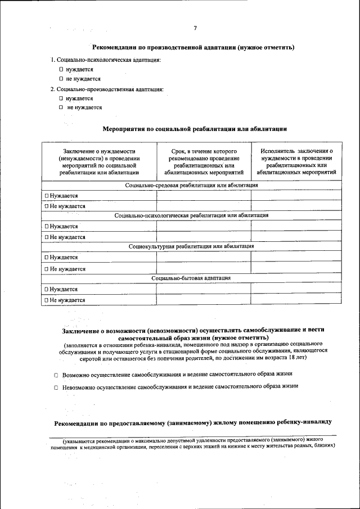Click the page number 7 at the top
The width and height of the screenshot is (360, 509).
[195, 28]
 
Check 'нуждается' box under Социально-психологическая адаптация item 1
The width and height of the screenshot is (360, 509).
[61, 69]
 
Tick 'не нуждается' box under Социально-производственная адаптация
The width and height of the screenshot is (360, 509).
[61, 107]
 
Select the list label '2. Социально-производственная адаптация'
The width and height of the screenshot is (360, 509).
[107, 89]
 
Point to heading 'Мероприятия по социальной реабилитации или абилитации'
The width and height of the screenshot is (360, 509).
[195, 129]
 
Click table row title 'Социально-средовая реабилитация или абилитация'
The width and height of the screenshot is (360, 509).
[191, 185]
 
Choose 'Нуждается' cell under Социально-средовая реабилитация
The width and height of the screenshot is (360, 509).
[61, 196]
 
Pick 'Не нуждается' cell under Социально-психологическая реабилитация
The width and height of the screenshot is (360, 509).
[65, 237]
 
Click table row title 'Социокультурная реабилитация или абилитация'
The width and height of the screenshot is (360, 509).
[191, 246]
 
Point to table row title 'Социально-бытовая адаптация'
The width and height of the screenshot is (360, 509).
[191, 278]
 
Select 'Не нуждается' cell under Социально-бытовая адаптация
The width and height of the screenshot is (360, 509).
[65, 300]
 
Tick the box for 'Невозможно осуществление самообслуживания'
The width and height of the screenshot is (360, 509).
[56, 388]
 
